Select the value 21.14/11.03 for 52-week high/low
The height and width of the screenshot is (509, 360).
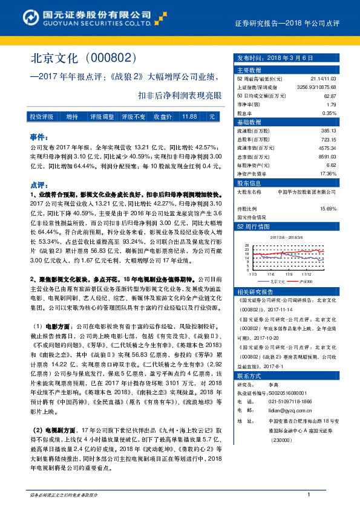322,79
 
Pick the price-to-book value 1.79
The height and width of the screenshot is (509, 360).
331,104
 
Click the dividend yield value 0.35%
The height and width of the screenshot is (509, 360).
329,112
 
